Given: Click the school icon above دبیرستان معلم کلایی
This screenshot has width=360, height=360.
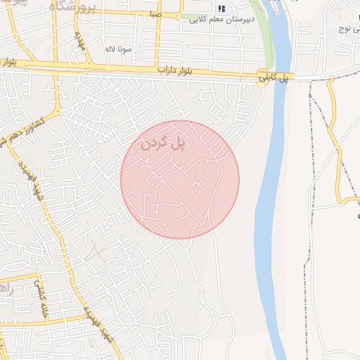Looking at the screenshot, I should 222,8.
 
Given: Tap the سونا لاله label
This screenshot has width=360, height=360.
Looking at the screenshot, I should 119,49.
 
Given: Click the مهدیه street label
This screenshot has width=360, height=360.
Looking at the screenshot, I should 81,41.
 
